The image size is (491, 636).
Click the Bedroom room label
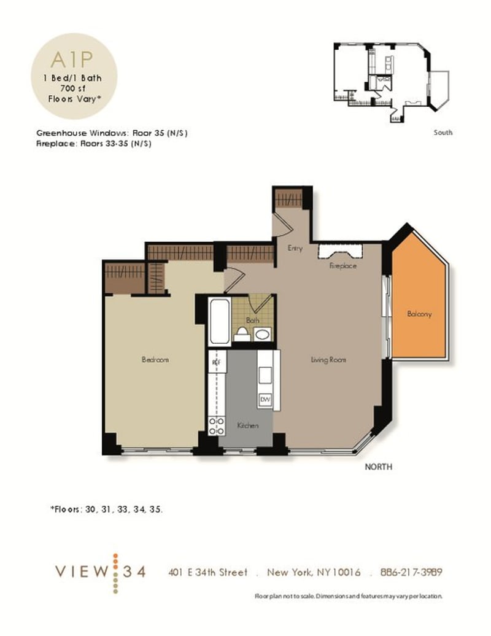coord(155,360)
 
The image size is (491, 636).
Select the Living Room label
coord(328,360)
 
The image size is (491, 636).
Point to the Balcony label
coord(419,314)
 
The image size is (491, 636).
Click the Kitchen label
coord(247,425)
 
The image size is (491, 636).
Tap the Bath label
coord(253,320)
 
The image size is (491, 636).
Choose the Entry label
coord(295,248)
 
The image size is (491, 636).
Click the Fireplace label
coord(342,266)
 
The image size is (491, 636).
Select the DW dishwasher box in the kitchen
coord(265,398)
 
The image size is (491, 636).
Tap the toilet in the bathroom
coord(242,334)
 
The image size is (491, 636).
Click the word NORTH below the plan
coord(378,467)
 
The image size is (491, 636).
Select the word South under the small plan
coord(443,132)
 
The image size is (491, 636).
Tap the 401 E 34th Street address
coord(208,572)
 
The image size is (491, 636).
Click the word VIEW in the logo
coord(80,572)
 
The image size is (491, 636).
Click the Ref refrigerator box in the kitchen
coord(215,362)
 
